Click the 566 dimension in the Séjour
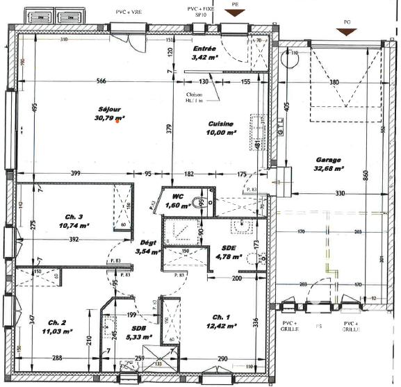pos(102,82)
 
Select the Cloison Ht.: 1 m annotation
pos(195,99)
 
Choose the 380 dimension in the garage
pos(334,82)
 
